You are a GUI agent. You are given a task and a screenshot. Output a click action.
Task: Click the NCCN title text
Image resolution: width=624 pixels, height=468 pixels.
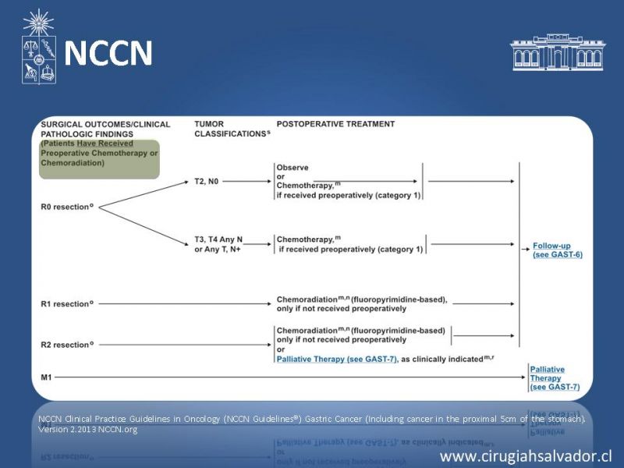click(x=108, y=53)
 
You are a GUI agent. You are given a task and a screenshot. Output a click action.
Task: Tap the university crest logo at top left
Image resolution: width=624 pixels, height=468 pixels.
click(x=38, y=49)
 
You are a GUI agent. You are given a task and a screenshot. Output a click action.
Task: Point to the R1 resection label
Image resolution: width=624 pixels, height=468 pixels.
click(x=67, y=303)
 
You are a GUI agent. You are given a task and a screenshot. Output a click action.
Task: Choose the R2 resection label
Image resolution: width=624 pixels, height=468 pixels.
click(x=67, y=344)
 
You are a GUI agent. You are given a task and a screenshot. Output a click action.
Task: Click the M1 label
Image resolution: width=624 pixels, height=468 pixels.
click(x=47, y=378)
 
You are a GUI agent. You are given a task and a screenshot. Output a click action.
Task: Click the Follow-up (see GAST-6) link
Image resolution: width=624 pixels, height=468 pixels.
click(x=557, y=250)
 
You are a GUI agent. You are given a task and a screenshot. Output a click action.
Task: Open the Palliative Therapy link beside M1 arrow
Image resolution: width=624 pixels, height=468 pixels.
click(x=548, y=378)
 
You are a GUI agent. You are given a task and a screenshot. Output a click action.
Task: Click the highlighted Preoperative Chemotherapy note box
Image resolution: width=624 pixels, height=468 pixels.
click(x=99, y=159)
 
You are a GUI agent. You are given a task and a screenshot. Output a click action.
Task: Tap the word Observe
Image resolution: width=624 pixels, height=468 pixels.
click(x=292, y=168)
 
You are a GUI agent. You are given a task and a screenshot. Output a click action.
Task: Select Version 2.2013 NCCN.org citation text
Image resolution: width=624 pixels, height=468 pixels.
click(x=87, y=429)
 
